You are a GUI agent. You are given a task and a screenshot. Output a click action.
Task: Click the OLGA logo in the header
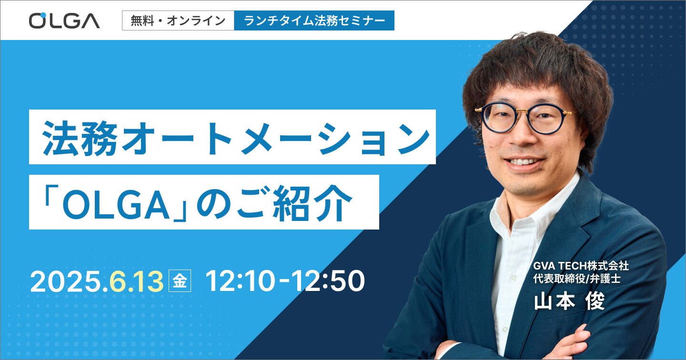(x=64, y=20)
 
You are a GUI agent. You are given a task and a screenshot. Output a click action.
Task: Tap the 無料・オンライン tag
(x=178, y=20)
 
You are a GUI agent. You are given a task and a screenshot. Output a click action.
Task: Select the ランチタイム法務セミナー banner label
(x=314, y=20)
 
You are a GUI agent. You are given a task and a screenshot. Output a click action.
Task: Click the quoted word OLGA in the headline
(x=116, y=204)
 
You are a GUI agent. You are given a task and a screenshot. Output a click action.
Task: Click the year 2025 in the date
(x=66, y=281)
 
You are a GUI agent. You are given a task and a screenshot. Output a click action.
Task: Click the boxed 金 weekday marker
(x=180, y=280)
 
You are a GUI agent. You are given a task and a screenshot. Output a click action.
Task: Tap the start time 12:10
(x=240, y=281)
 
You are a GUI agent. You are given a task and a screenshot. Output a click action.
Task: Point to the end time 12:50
(x=328, y=281)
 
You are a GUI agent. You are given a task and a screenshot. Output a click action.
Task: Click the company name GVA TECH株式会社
(x=581, y=266)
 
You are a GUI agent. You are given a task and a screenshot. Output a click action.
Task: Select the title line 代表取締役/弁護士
(x=577, y=279)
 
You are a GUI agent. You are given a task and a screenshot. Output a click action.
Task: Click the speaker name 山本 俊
(x=570, y=301)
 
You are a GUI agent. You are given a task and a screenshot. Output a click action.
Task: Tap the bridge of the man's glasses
(x=524, y=116)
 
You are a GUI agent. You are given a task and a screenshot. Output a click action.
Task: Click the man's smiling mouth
(x=523, y=162)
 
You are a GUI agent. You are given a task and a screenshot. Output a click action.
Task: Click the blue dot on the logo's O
(x=43, y=15)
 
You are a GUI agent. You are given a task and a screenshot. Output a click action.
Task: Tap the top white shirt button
(x=511, y=277)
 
